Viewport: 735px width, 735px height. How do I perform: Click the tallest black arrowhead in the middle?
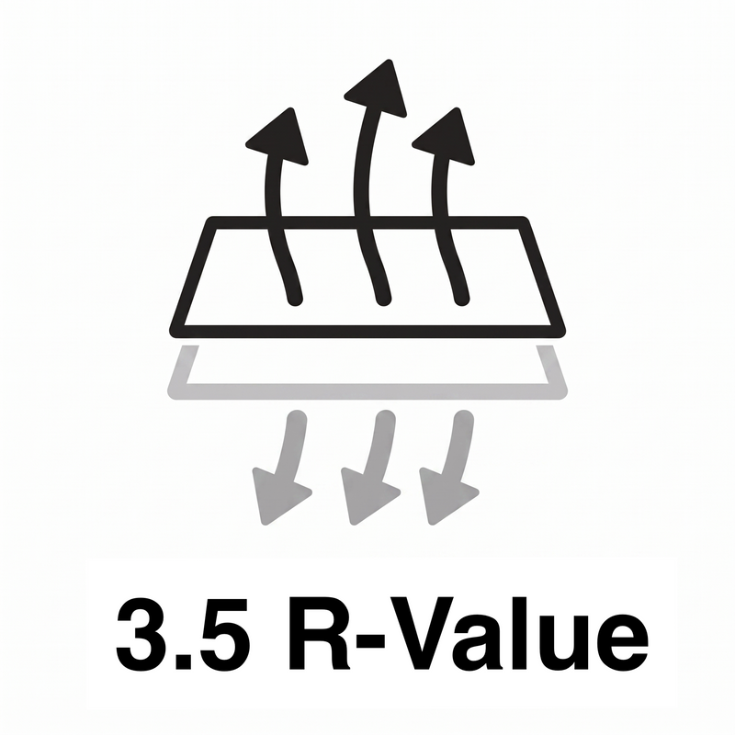point(379,89)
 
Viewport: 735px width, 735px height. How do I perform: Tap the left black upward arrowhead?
point(280,137)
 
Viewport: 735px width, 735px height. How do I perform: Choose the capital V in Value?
point(420,634)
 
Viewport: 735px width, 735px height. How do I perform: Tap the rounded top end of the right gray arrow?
point(464,419)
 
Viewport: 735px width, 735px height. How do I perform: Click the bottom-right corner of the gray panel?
point(561,393)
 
